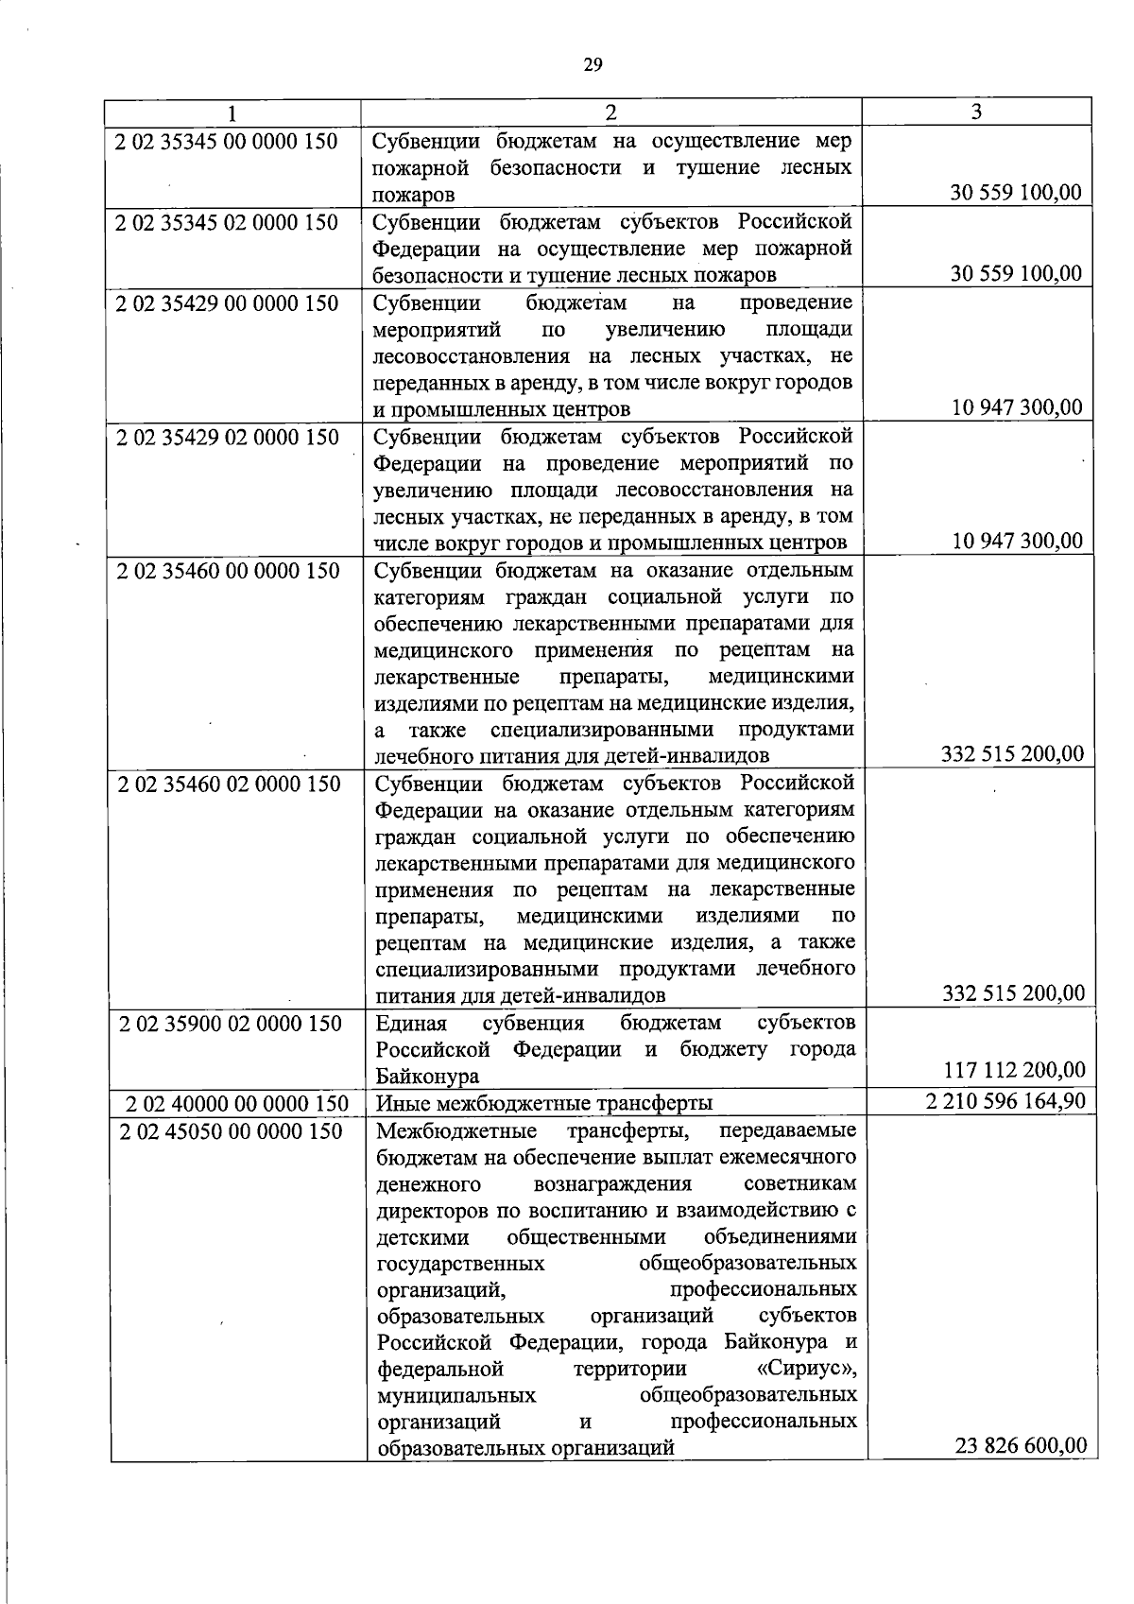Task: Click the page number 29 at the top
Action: click(x=592, y=64)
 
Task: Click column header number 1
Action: click(x=232, y=112)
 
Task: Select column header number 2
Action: click(x=610, y=112)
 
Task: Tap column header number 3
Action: click(x=976, y=112)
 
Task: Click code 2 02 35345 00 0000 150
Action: click(x=227, y=142)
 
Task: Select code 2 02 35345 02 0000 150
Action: click(x=227, y=222)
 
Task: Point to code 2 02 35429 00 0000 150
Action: click(x=227, y=303)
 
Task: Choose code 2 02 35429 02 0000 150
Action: click(x=227, y=438)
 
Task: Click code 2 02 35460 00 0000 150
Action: click(x=228, y=571)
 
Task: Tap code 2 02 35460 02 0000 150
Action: click(x=229, y=784)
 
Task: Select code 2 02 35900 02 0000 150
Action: click(x=230, y=1024)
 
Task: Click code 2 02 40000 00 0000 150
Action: click(x=237, y=1103)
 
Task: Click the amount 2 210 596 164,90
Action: click(x=1005, y=1101)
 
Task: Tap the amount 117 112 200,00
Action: click(x=1015, y=1070)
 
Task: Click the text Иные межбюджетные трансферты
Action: click(x=544, y=1103)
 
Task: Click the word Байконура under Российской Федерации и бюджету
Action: click(x=427, y=1077)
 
